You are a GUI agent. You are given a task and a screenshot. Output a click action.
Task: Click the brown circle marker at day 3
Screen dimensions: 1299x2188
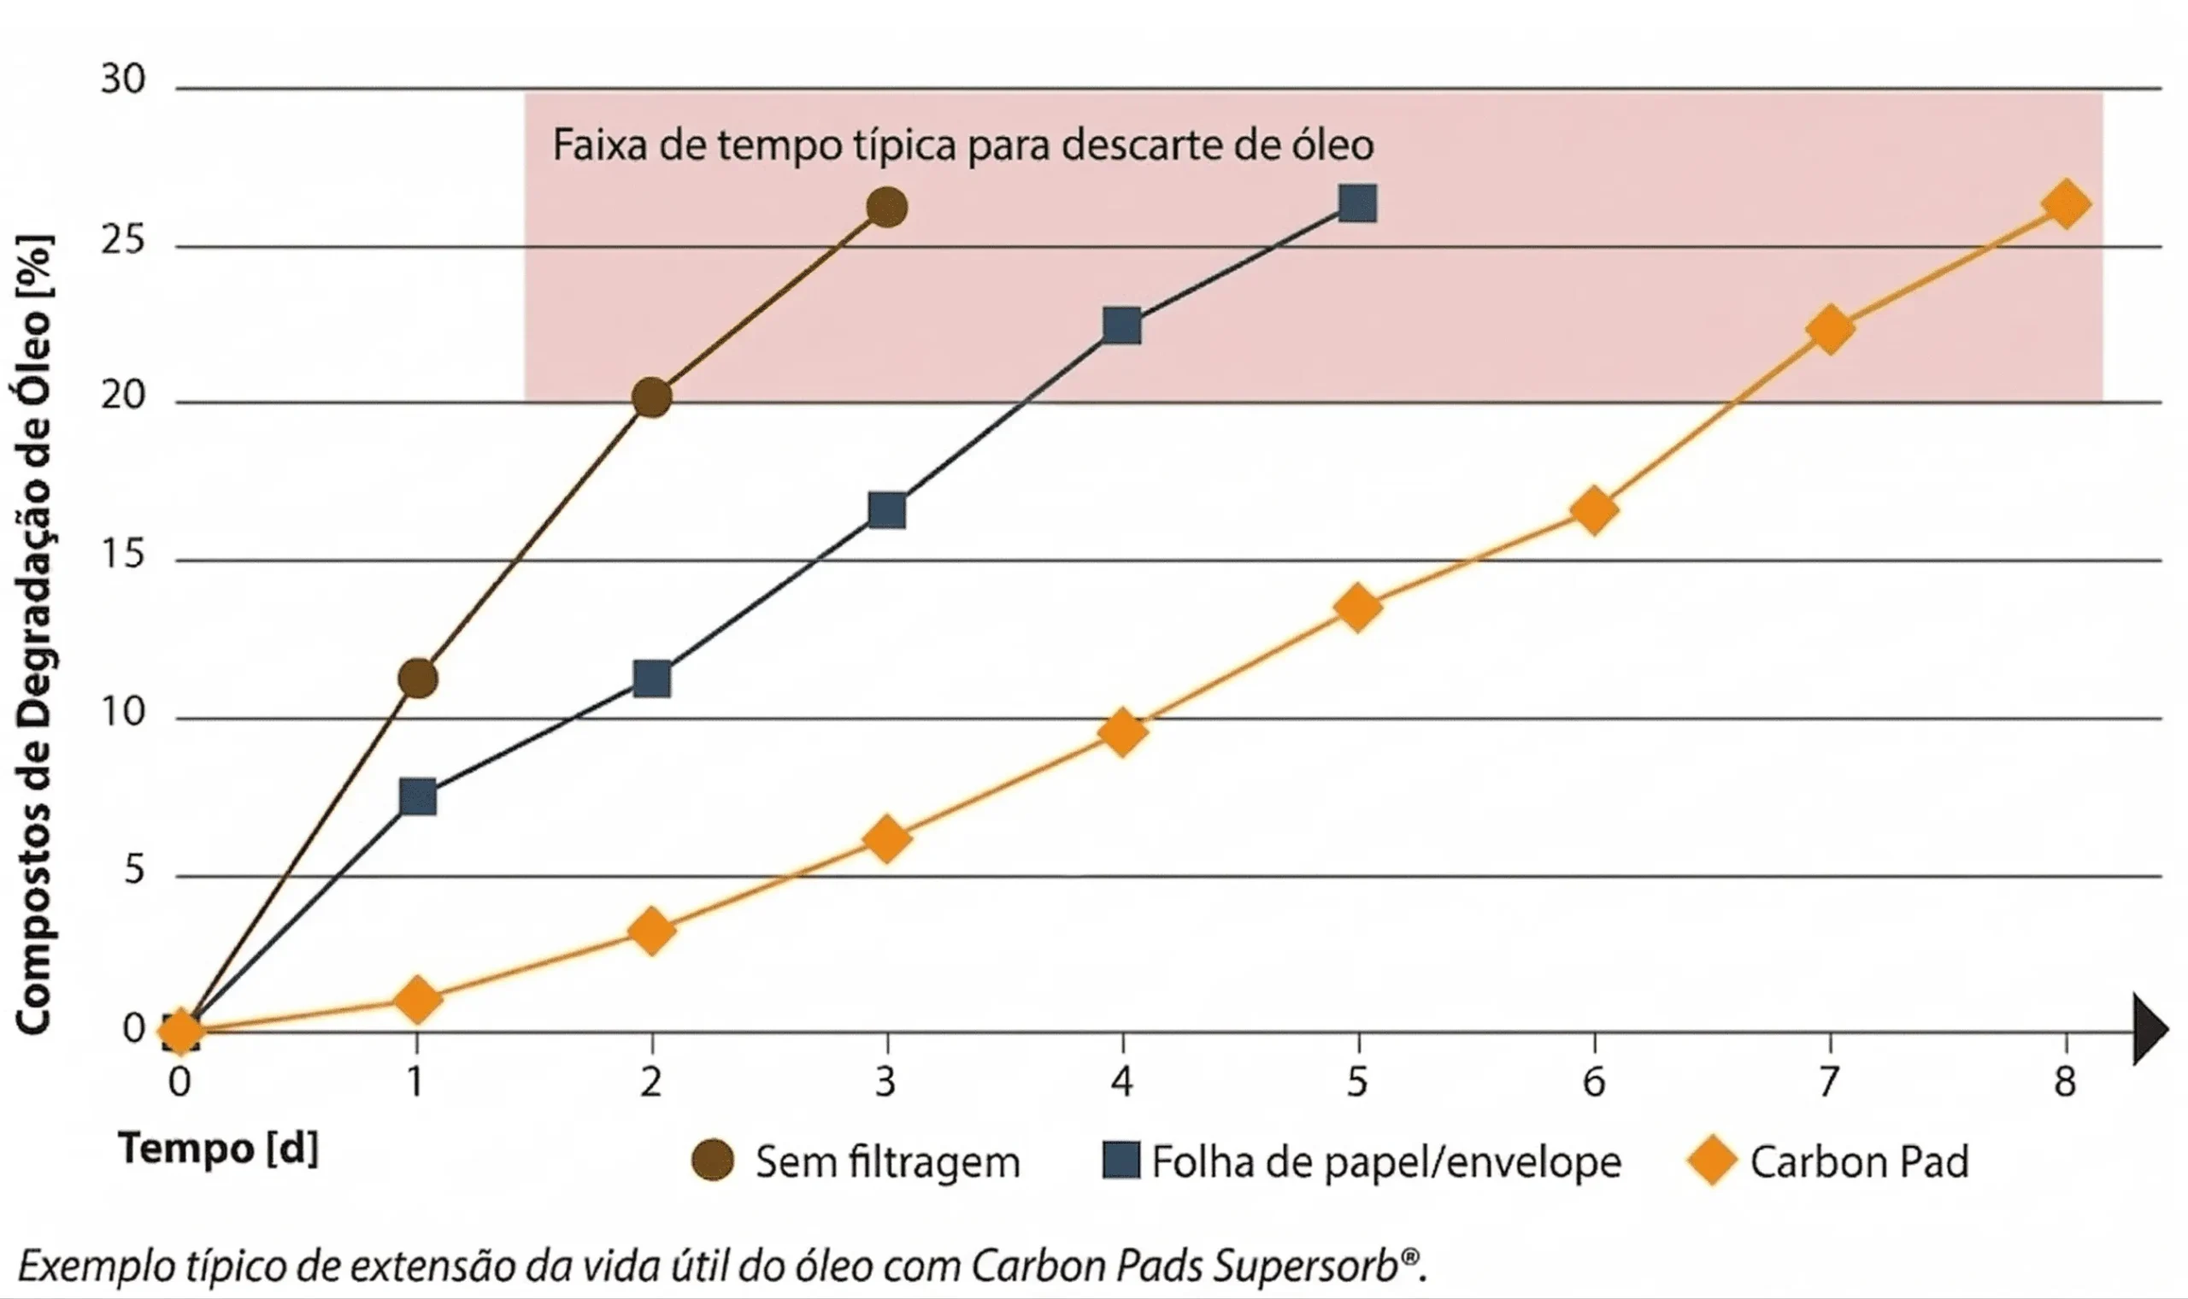886,208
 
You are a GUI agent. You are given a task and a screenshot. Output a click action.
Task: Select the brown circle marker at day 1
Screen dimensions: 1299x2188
417,679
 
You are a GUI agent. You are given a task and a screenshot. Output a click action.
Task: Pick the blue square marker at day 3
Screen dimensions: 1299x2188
886,509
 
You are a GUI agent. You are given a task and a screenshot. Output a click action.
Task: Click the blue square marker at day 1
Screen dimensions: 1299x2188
417,797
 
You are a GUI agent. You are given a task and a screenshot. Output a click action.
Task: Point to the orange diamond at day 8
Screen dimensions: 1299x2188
2066,205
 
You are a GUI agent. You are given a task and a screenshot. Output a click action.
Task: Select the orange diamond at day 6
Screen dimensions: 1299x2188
1594,510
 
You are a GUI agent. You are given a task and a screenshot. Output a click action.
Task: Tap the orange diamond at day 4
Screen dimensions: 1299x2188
1122,732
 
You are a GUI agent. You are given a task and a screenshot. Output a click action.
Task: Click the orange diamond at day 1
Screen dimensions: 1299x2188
417,1000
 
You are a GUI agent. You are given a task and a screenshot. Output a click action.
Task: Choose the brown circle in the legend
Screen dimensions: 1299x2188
713,1161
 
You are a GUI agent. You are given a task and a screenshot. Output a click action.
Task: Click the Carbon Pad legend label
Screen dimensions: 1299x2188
1859,1162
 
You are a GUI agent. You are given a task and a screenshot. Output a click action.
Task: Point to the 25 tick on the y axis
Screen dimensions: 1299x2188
122,239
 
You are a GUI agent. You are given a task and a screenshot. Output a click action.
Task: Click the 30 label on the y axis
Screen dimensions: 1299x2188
122,79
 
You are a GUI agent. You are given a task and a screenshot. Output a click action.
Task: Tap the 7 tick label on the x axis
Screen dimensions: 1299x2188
1829,1083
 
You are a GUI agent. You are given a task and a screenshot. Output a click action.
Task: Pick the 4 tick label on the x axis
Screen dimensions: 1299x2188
1122,1083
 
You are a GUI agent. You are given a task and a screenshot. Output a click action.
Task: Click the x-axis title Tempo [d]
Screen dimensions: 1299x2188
219,1149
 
